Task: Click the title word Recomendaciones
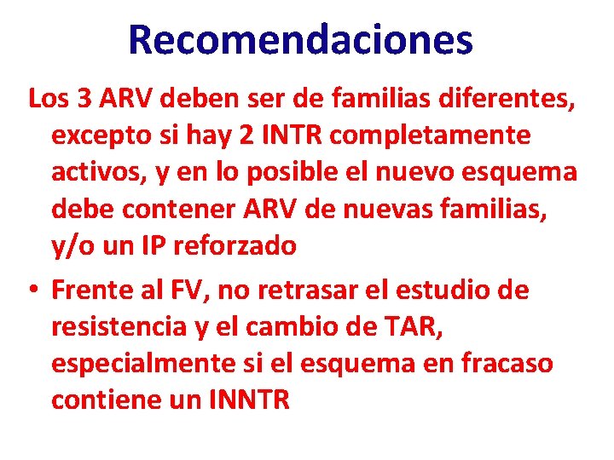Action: point(300,40)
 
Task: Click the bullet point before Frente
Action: point(32,290)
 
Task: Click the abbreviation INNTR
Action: point(248,400)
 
